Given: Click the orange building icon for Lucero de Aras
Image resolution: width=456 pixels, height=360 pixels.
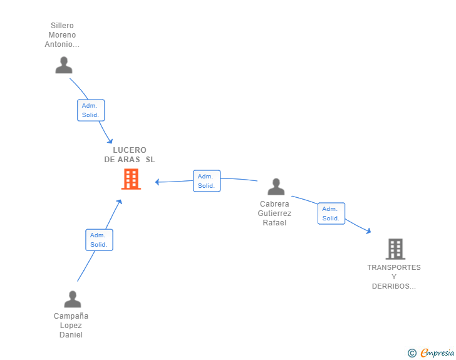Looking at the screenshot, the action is click(131, 179).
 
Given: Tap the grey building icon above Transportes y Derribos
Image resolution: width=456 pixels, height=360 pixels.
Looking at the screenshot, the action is click(395, 249).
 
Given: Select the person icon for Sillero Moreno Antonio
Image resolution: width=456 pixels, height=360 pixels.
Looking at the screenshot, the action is click(64, 65).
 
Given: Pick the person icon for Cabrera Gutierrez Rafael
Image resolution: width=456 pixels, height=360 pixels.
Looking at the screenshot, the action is click(276, 187).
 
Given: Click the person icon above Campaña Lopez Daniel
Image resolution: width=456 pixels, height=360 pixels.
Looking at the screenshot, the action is click(73, 299).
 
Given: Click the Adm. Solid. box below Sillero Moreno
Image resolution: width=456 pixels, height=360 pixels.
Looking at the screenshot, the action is click(91, 110).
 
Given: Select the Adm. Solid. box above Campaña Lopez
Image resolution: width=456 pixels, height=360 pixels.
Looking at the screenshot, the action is click(99, 240).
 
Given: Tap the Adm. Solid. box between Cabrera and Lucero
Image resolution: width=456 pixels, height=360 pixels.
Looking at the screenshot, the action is click(207, 181).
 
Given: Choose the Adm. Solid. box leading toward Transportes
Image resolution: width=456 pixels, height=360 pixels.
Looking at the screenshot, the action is click(331, 213).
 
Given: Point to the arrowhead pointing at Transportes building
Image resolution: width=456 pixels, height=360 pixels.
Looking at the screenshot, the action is click(369, 231).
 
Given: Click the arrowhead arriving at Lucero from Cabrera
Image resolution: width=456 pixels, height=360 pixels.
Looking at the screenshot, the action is click(157, 182).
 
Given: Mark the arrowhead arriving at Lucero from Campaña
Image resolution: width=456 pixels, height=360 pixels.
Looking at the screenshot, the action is click(119, 202).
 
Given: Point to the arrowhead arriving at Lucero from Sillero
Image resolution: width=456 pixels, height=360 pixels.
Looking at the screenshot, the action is click(110, 141).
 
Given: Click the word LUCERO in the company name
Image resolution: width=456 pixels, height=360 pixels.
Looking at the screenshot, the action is click(130, 150).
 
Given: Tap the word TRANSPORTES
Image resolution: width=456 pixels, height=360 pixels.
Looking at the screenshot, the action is click(394, 267).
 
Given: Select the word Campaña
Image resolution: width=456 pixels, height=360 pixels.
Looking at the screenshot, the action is click(71, 316).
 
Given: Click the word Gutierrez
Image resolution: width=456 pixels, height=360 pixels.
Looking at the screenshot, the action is click(274, 213).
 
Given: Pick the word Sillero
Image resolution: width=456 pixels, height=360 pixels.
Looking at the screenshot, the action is click(62, 26).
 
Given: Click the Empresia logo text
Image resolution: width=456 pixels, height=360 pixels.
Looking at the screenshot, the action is click(437, 352).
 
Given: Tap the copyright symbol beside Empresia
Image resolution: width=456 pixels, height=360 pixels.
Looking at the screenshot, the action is click(412, 353).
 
